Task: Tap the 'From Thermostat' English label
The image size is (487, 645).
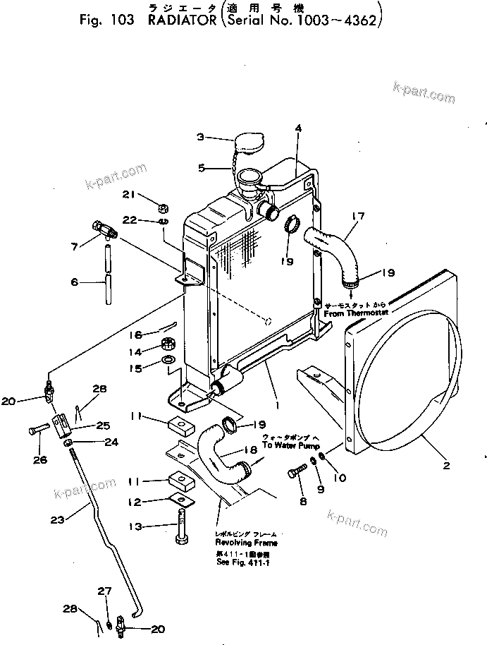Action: [352, 312]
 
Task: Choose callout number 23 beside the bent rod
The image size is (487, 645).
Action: [58, 520]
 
